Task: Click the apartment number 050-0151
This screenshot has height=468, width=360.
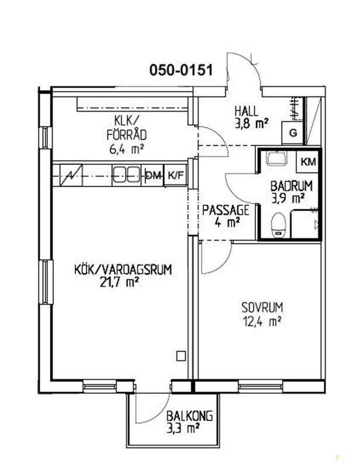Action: pyautogui.click(x=181, y=70)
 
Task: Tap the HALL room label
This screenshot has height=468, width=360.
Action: pyautogui.click(x=247, y=112)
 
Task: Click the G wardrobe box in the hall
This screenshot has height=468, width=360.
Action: pyautogui.click(x=293, y=133)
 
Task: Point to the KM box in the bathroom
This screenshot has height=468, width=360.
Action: pyautogui.click(x=308, y=161)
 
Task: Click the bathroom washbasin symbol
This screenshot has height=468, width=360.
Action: pyautogui.click(x=277, y=157)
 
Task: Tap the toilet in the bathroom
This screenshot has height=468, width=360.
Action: pyautogui.click(x=279, y=225)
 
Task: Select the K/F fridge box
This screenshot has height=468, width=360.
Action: pyautogui.click(x=176, y=175)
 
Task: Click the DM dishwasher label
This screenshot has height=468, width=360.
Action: pyautogui.click(x=153, y=175)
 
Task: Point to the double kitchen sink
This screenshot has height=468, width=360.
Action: pyautogui.click(x=126, y=174)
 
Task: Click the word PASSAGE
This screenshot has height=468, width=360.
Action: pyautogui.click(x=225, y=210)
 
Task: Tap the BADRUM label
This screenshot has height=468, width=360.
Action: pyautogui.click(x=291, y=186)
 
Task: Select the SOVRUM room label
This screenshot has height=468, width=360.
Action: pyautogui.click(x=262, y=307)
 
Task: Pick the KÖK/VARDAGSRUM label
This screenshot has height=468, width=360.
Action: pyautogui.click(x=123, y=270)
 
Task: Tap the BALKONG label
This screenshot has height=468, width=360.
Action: pyautogui.click(x=190, y=416)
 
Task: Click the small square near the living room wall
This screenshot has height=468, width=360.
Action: pyautogui.click(x=181, y=356)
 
